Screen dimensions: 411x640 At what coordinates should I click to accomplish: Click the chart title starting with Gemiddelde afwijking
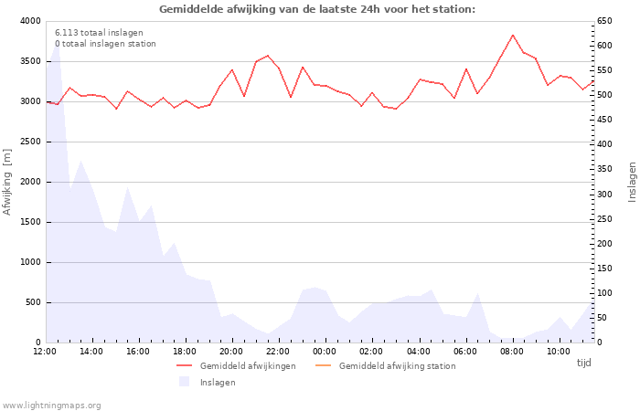coord(317,9)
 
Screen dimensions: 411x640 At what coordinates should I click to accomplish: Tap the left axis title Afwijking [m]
coord(7,181)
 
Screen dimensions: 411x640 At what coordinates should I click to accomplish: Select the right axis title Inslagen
coord(632,181)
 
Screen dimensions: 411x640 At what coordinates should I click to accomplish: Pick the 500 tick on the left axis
coord(33,302)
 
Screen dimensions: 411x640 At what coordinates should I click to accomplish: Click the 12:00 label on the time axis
coord(44,352)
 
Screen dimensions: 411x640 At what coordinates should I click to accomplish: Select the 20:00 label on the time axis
coord(231,352)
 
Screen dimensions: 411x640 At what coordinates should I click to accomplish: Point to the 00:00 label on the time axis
coord(325,352)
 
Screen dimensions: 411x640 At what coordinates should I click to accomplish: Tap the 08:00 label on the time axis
coord(512,352)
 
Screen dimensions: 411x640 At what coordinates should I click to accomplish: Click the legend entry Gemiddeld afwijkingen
coord(247,366)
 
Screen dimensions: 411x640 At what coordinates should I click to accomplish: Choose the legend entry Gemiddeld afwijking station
coord(396,366)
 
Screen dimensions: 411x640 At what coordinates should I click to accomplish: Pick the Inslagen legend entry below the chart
coord(217,383)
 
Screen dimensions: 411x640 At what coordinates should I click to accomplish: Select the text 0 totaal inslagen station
coord(105,44)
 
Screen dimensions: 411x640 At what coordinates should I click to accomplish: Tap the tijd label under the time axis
coord(583,363)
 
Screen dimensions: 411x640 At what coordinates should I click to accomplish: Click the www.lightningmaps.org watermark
coord(51,406)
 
